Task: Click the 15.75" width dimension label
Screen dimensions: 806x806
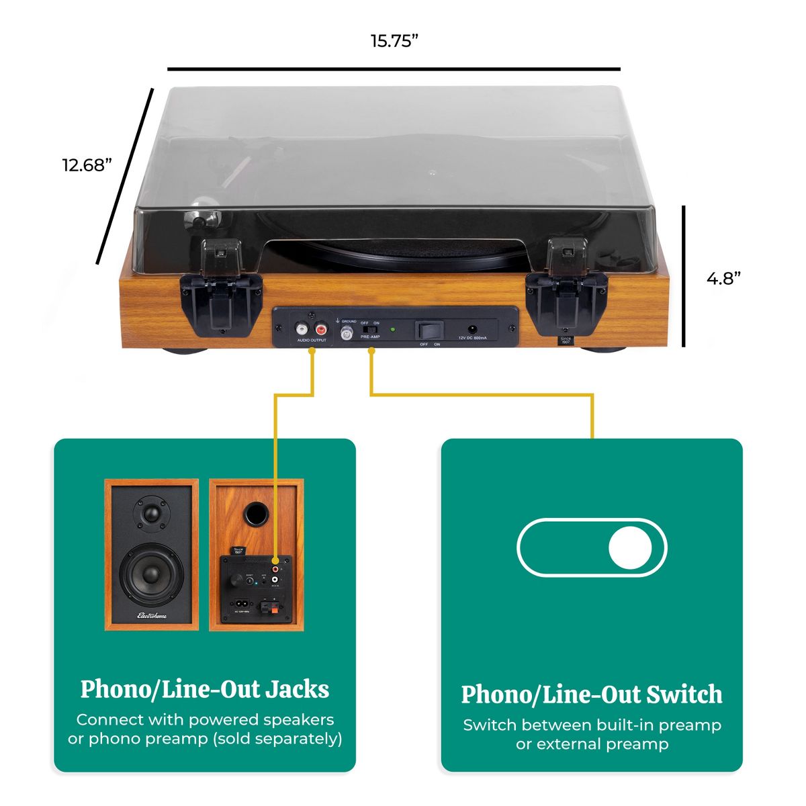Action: pos(394,41)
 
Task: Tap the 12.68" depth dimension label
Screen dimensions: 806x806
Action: pos(87,165)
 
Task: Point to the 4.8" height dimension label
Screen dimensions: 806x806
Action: pos(723,278)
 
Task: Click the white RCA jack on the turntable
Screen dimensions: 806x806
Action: pos(302,329)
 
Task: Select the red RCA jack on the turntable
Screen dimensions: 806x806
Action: pos(320,329)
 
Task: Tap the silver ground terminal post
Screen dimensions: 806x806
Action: pos(347,332)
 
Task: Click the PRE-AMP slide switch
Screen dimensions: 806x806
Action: pos(367,329)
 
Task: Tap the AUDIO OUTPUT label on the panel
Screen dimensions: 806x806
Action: pos(312,341)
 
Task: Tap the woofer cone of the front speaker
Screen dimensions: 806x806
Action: pos(151,574)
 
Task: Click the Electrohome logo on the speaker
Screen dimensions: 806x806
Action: pos(152,615)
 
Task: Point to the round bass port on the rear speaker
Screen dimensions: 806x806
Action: pos(256,514)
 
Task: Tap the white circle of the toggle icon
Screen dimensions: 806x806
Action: pos(629,547)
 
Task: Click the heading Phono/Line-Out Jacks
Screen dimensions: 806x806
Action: pos(205,689)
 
